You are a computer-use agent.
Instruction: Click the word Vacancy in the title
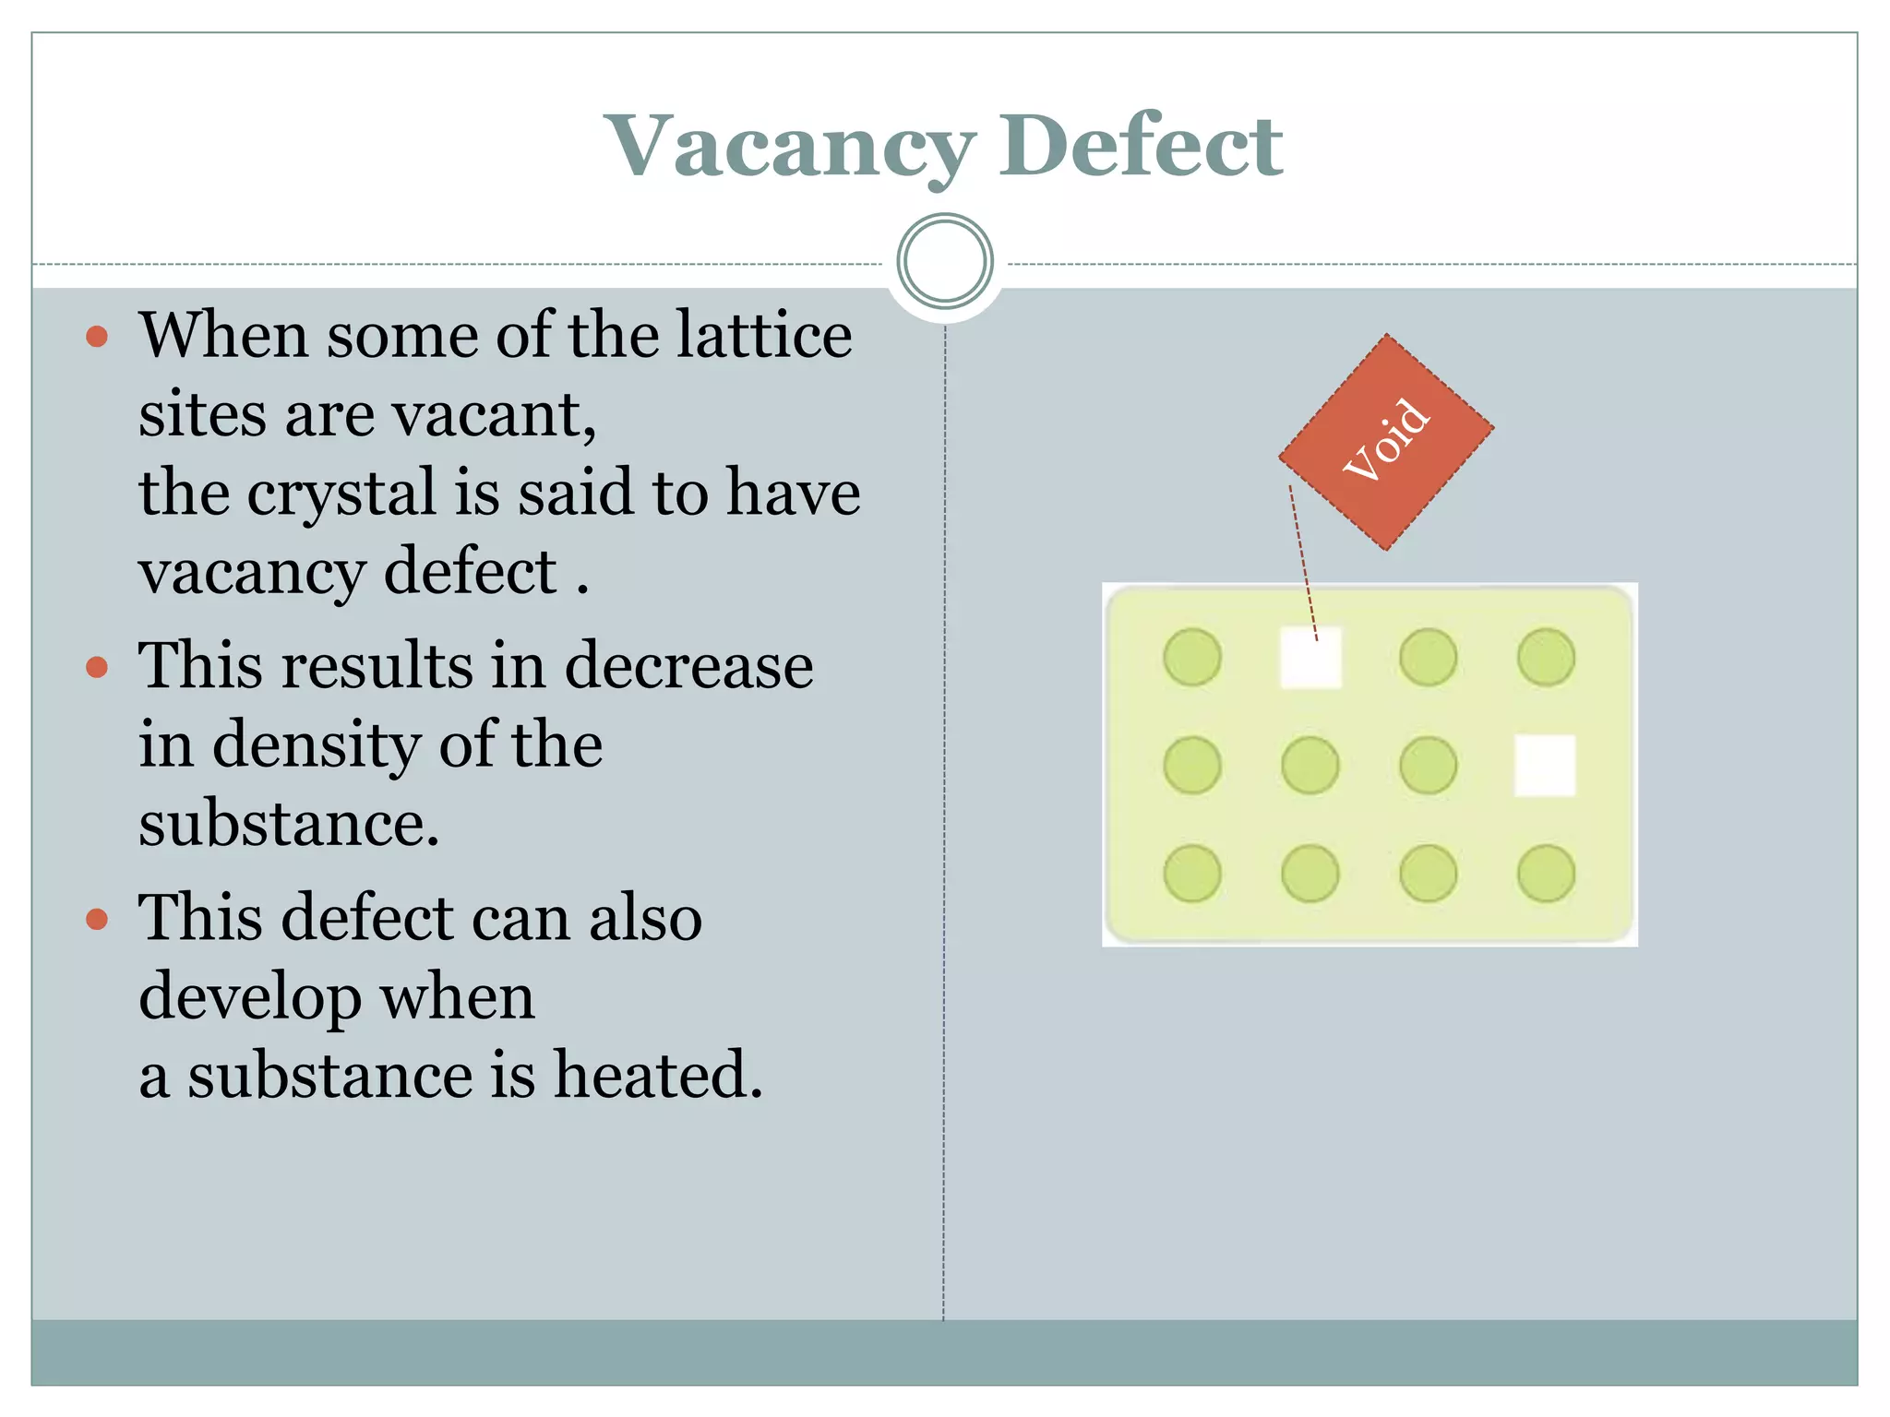[x=790, y=148]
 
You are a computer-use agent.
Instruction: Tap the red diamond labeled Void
[x=1386, y=442]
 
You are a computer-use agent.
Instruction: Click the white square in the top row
[x=1310, y=658]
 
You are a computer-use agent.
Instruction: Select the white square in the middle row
[x=1546, y=765]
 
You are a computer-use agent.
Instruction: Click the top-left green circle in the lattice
[x=1192, y=658]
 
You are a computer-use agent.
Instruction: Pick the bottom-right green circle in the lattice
[x=1546, y=873]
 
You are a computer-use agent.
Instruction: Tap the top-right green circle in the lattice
[x=1546, y=658]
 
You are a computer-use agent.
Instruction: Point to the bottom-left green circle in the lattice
[x=1192, y=873]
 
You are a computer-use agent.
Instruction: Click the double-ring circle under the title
[x=944, y=261]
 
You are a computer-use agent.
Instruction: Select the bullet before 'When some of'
[x=97, y=336]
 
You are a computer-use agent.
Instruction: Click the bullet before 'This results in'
[x=97, y=666]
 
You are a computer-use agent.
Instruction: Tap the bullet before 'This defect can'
[x=97, y=919]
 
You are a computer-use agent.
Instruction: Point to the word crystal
[x=341, y=494]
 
